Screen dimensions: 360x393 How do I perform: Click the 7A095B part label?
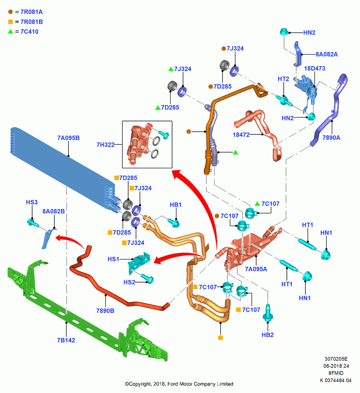click(x=68, y=138)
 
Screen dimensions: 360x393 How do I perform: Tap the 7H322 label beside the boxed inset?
click(x=106, y=145)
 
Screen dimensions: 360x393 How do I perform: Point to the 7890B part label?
click(x=105, y=310)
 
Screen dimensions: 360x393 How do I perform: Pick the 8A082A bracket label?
click(x=327, y=54)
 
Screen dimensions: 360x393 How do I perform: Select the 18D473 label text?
click(x=315, y=68)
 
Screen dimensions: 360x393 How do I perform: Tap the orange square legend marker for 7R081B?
click(x=11, y=22)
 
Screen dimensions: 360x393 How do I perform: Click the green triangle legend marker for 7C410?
click(x=11, y=31)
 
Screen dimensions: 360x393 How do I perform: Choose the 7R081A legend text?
click(x=31, y=12)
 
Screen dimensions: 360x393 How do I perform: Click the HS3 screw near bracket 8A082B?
click(x=32, y=222)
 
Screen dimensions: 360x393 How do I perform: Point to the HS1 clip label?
click(x=113, y=259)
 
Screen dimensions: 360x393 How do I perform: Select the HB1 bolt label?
click(x=176, y=204)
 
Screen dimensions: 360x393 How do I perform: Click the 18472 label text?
click(x=241, y=134)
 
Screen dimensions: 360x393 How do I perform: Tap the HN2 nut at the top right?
click(x=284, y=32)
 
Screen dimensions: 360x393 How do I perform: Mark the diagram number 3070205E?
click(x=336, y=359)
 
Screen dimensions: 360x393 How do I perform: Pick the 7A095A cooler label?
click(x=256, y=269)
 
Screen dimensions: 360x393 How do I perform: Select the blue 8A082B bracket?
click(x=48, y=238)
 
